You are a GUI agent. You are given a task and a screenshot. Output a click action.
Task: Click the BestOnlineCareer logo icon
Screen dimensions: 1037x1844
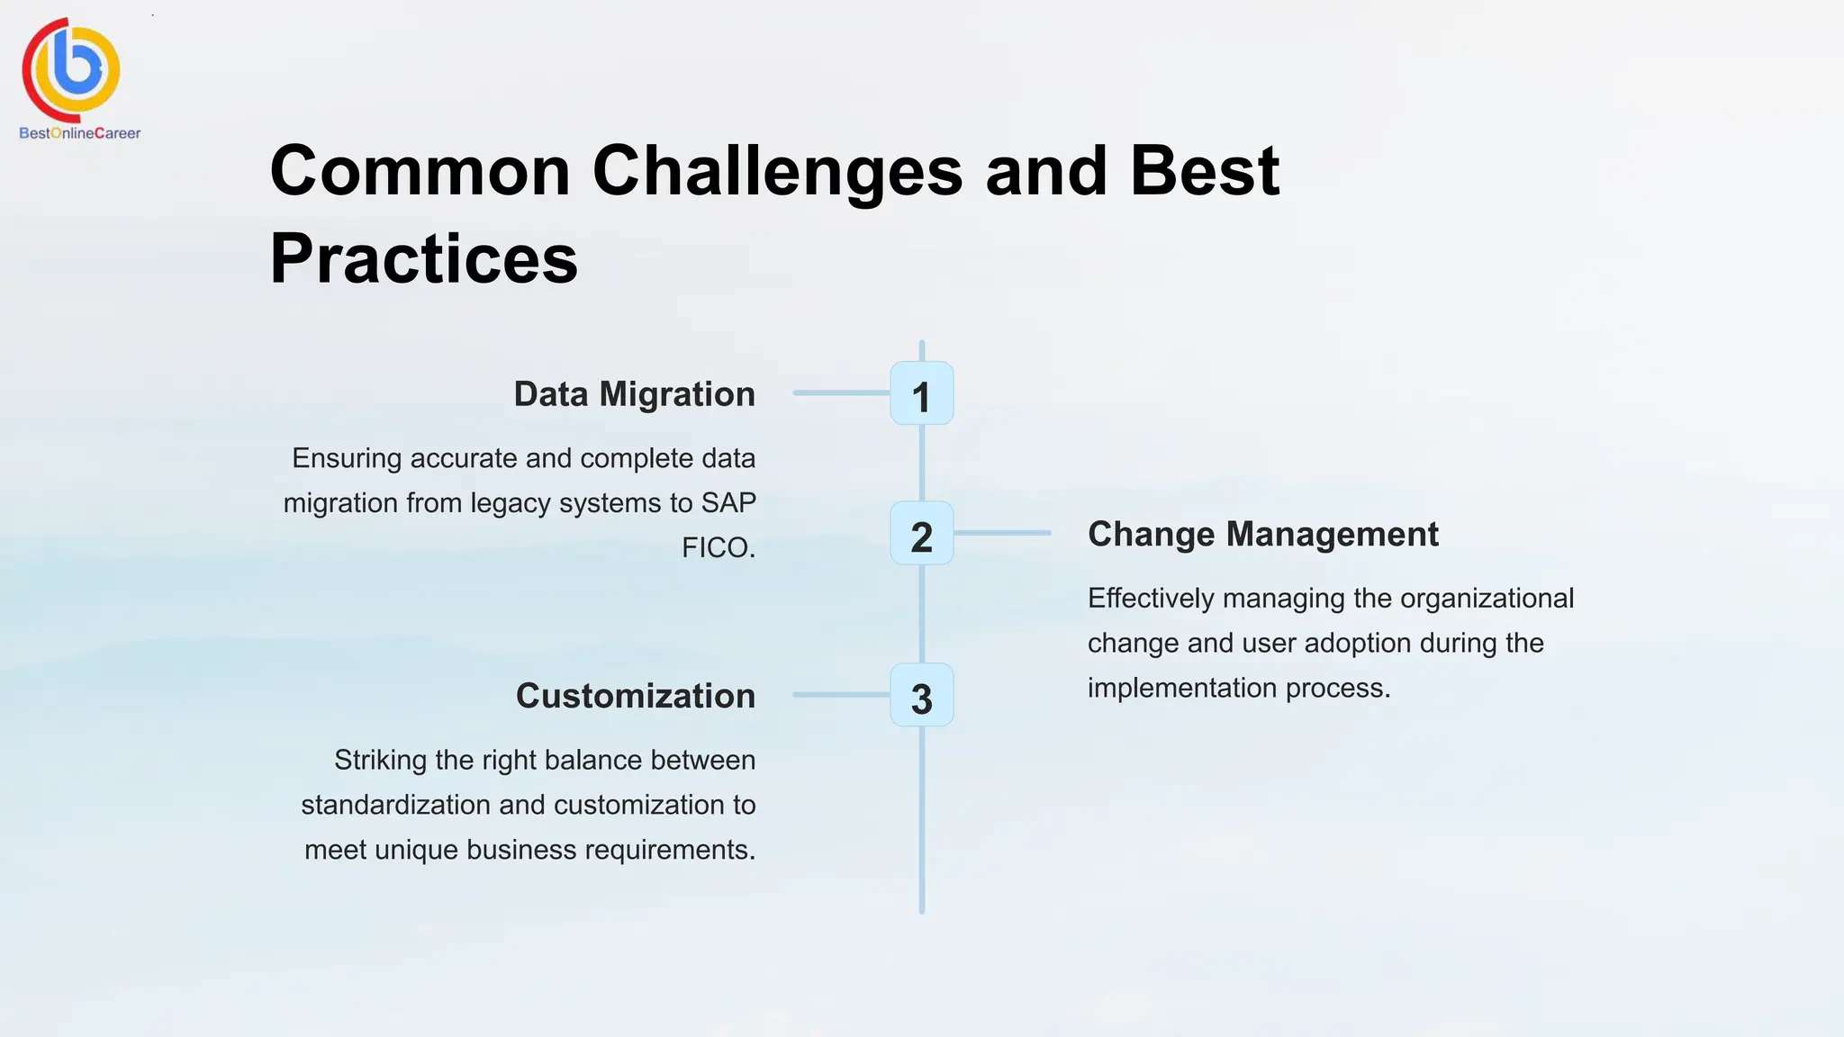click(x=72, y=69)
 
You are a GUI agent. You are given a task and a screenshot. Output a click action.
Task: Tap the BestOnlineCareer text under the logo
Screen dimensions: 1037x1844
click(x=79, y=133)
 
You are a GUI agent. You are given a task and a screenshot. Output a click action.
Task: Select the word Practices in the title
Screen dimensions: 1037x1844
click(x=423, y=259)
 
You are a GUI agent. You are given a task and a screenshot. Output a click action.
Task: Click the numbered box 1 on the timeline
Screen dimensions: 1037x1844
click(x=921, y=393)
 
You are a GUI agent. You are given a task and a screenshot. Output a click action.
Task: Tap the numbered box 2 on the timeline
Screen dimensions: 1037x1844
click(x=921, y=534)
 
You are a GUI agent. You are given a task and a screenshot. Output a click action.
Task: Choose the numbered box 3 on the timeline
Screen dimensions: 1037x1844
click(x=921, y=695)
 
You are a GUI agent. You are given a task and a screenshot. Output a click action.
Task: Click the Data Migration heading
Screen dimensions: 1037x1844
click(x=634, y=394)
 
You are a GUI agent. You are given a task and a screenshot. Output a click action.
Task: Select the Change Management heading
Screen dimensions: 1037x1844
click(x=1262, y=534)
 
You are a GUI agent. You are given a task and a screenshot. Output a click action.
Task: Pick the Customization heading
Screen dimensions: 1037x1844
click(x=635, y=696)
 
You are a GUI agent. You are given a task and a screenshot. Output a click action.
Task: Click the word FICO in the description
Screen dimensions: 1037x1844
click(x=716, y=547)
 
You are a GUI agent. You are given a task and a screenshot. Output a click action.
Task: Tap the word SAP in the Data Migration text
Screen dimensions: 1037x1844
click(x=728, y=502)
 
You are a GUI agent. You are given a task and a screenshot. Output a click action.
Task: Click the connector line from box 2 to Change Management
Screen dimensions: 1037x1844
click(x=1002, y=533)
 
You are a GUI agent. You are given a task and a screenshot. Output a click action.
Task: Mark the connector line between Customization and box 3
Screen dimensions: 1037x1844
click(x=841, y=695)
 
